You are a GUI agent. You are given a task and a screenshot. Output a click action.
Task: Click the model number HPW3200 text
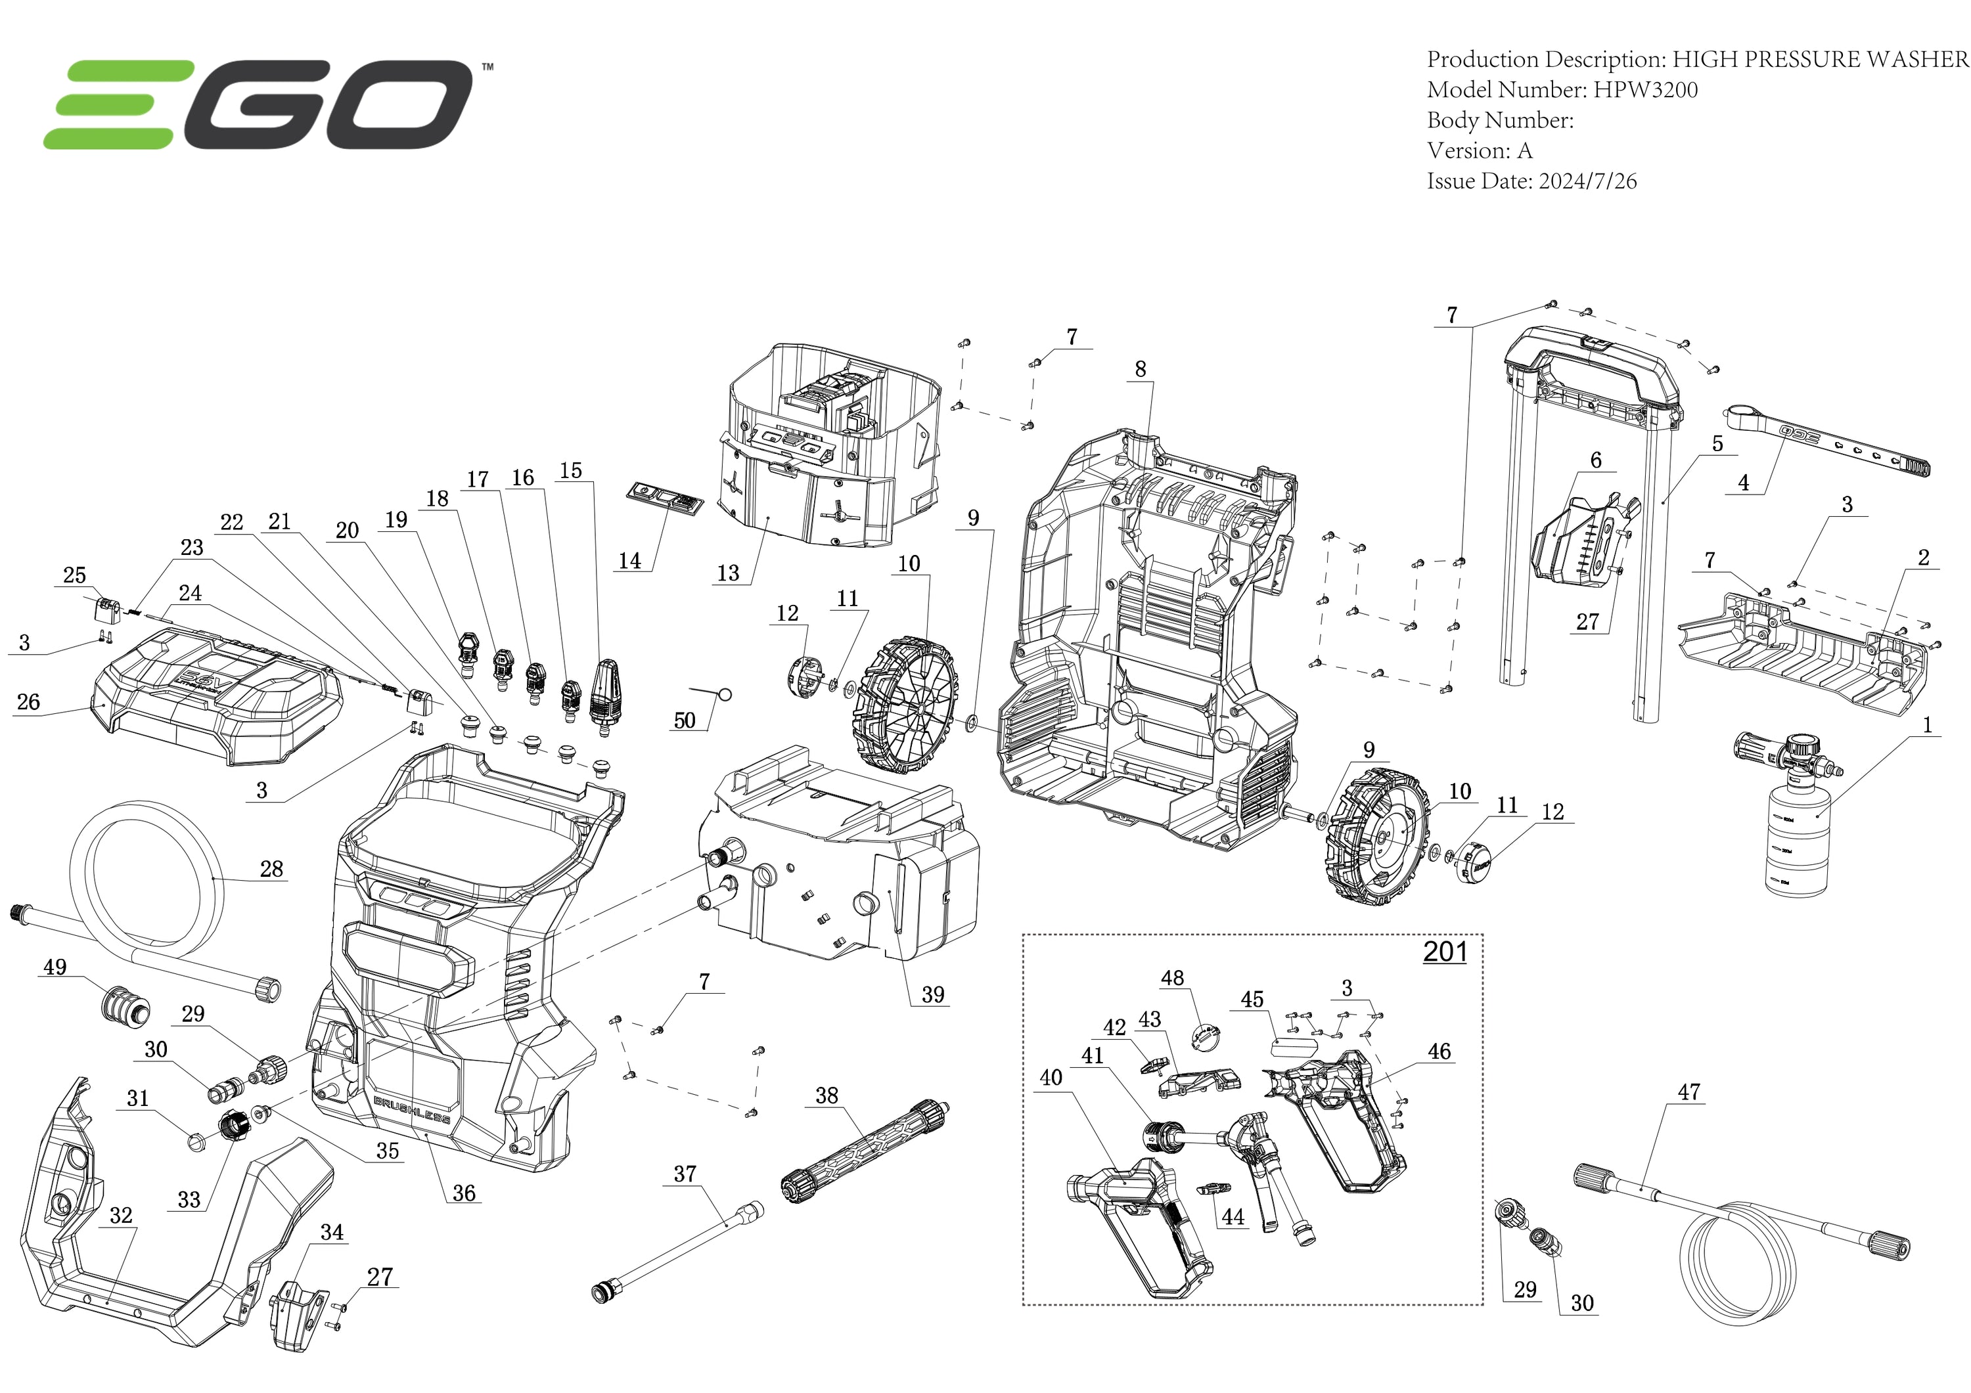click(x=1646, y=90)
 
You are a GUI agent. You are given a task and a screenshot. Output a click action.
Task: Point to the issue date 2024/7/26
click(x=1587, y=181)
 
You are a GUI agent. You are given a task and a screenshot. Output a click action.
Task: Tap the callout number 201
click(x=1445, y=952)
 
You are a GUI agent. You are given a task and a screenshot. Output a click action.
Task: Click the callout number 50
click(x=684, y=720)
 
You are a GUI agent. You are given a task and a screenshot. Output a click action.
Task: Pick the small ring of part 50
click(x=725, y=694)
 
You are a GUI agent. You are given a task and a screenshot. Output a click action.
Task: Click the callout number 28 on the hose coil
click(x=271, y=869)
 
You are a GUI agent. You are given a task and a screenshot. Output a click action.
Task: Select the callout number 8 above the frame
click(x=1140, y=369)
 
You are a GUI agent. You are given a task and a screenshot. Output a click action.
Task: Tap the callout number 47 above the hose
click(x=1688, y=1093)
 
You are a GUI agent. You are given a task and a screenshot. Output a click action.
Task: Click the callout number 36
click(x=464, y=1193)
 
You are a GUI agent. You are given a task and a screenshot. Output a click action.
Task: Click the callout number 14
click(x=629, y=560)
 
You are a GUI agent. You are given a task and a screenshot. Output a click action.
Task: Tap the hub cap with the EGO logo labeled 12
click(x=1476, y=862)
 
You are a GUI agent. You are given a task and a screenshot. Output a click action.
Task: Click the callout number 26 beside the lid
click(x=28, y=702)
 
